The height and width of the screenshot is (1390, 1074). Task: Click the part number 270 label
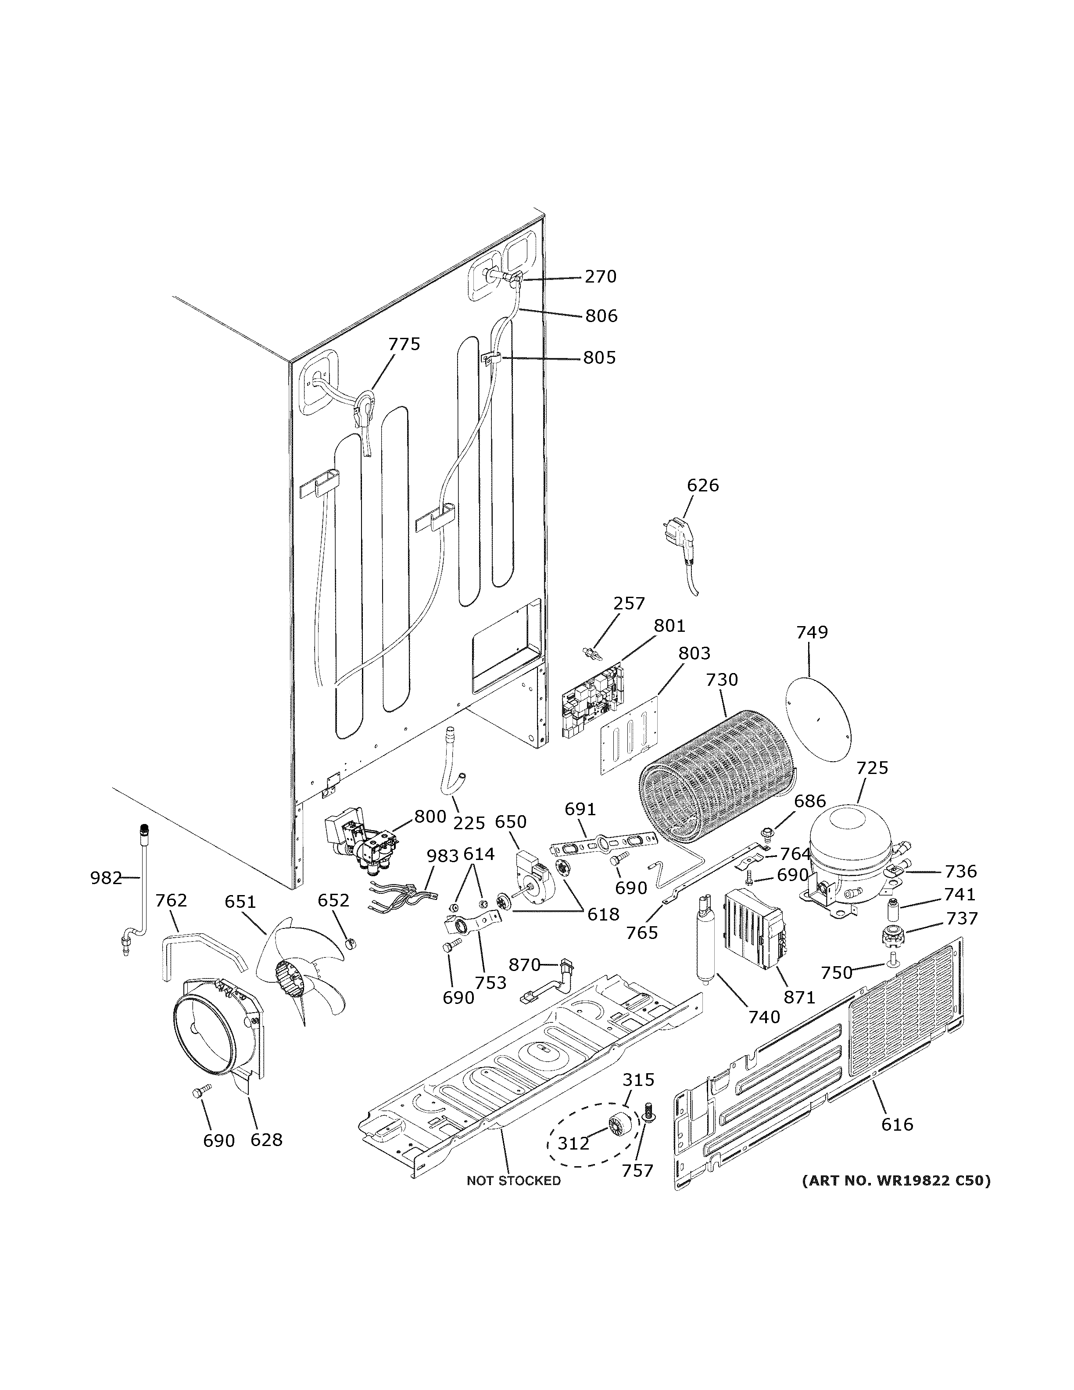600,277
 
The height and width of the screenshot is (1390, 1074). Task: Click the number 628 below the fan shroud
266,1140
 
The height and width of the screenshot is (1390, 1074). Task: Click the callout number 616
897,1125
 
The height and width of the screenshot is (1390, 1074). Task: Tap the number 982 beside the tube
106,878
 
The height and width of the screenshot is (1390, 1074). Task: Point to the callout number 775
404,344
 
